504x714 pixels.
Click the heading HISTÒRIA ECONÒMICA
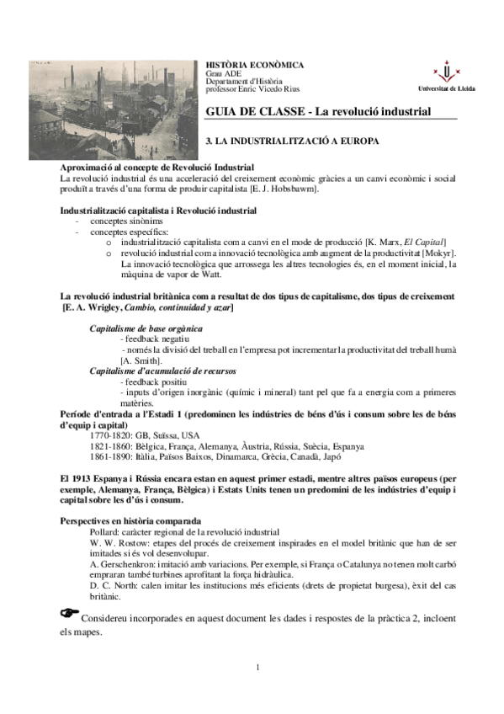click(x=256, y=65)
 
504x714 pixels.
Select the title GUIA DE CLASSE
click(x=253, y=111)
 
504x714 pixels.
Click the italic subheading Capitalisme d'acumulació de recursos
click(x=162, y=370)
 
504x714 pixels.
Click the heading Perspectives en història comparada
click(x=130, y=522)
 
